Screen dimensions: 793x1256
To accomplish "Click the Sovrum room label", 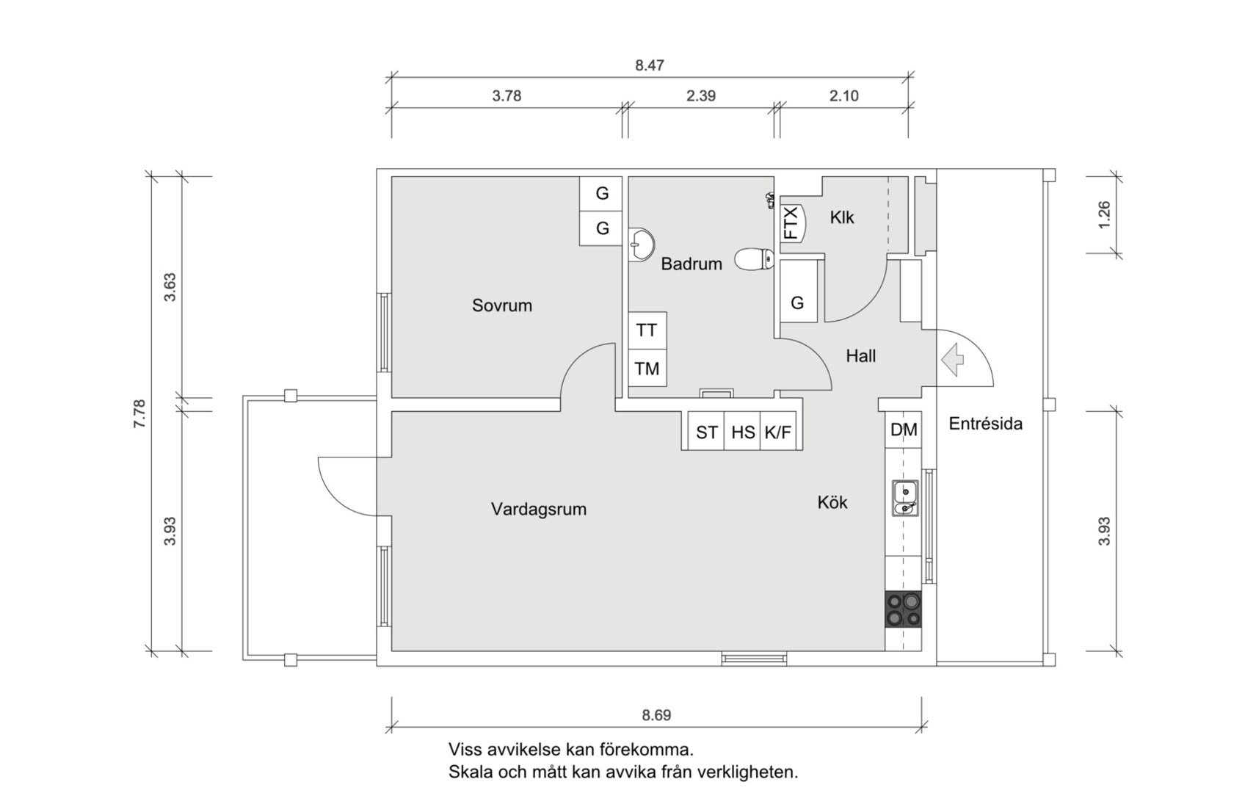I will pyautogui.click(x=501, y=305).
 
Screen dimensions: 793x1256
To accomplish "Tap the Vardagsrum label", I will pyautogui.click(x=538, y=509).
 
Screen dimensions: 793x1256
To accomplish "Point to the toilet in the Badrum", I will pyautogui.click(x=755, y=258).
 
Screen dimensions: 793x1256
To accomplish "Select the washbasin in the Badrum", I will pyautogui.click(x=643, y=244).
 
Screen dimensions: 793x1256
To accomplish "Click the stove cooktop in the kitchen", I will pyautogui.click(x=903, y=609).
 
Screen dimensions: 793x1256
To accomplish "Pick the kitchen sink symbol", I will pyautogui.click(x=905, y=498).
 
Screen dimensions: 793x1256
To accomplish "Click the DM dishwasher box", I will pyautogui.click(x=903, y=430).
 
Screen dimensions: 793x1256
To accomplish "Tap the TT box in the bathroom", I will pyautogui.click(x=647, y=330).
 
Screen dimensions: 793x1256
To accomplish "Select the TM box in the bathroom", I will pyautogui.click(x=647, y=369).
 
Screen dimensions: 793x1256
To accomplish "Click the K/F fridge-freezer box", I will pyautogui.click(x=778, y=432).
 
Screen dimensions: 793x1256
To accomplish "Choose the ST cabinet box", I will pyautogui.click(x=706, y=432).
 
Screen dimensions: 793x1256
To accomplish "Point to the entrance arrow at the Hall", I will pyautogui.click(x=952, y=360).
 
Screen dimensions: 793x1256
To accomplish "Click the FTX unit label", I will pyautogui.click(x=791, y=223).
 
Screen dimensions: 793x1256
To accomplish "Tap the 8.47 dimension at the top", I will pyautogui.click(x=649, y=65).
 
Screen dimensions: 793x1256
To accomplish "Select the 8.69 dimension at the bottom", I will pyautogui.click(x=656, y=714).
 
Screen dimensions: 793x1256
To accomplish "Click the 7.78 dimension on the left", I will pyautogui.click(x=139, y=414).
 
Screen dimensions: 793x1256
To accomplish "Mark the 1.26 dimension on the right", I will pyautogui.click(x=1104, y=214).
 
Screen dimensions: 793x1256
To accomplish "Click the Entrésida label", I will pyautogui.click(x=985, y=424).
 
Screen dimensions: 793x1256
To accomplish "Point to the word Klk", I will pyautogui.click(x=842, y=217).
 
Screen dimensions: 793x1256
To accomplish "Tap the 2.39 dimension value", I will pyautogui.click(x=700, y=95).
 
